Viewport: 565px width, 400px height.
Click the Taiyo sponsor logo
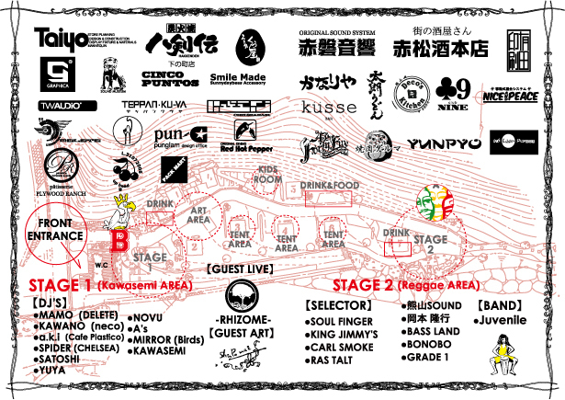[61, 40]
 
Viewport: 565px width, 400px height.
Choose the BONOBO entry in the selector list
[428, 344]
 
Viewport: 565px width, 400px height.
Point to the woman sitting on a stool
[503, 360]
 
